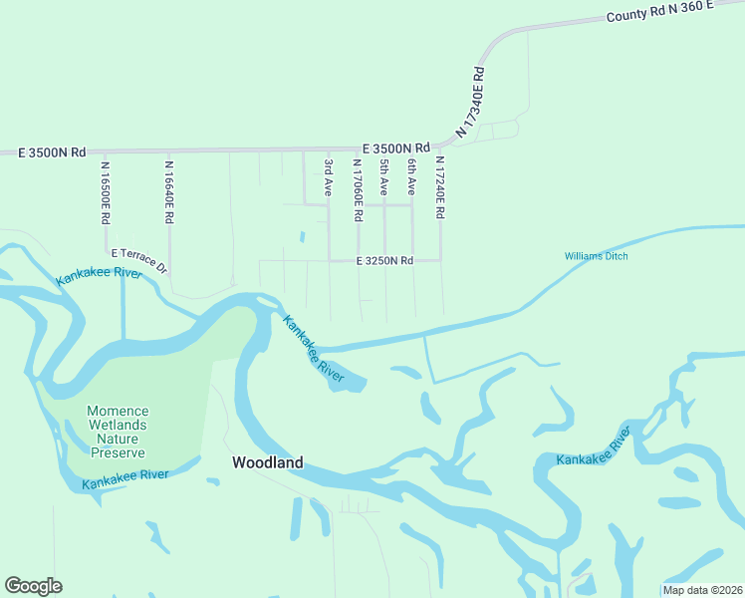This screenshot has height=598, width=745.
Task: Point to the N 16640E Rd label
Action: tap(169, 191)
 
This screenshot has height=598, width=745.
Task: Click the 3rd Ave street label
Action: tap(328, 175)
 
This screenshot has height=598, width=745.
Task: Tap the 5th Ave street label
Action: tap(383, 175)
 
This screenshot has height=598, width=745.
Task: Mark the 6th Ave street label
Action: tap(410, 175)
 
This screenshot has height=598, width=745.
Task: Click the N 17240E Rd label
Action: tap(439, 187)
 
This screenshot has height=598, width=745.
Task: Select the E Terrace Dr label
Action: tap(140, 261)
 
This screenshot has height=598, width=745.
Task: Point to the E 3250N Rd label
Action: tap(384, 261)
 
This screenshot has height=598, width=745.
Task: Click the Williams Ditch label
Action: tap(597, 256)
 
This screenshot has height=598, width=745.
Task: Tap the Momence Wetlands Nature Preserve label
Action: tap(119, 431)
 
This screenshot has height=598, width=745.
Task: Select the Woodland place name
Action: tap(267, 462)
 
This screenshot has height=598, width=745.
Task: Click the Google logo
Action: tap(33, 586)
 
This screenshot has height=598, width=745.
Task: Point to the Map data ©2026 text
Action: tap(701, 590)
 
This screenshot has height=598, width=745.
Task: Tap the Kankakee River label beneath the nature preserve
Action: tap(125, 479)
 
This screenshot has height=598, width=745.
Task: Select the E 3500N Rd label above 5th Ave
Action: tap(395, 146)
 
